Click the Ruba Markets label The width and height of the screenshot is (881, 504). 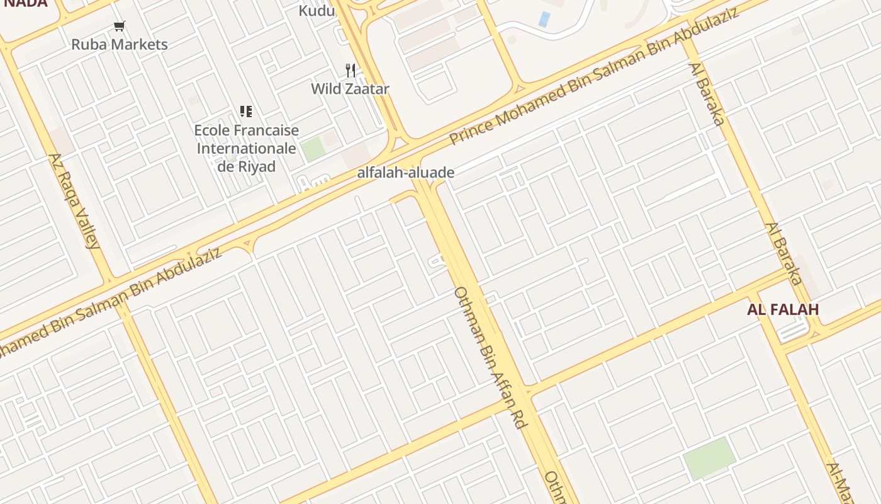[120, 45]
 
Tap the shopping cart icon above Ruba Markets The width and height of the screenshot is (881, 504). [120, 26]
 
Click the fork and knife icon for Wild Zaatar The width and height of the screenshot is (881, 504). [351, 70]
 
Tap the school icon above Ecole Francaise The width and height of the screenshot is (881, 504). [246, 112]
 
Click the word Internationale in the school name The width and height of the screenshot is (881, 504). [246, 149]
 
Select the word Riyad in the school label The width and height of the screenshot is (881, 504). [258, 167]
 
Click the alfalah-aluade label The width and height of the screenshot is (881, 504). [406, 173]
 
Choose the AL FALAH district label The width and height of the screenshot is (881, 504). [783, 309]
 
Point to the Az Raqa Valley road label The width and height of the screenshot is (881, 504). [75, 201]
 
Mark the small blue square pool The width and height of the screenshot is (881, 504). [544, 19]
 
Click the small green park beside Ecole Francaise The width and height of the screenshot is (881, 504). [313, 149]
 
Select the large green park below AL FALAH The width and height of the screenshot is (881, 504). [709, 459]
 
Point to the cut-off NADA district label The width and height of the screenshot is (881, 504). [25, 3]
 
